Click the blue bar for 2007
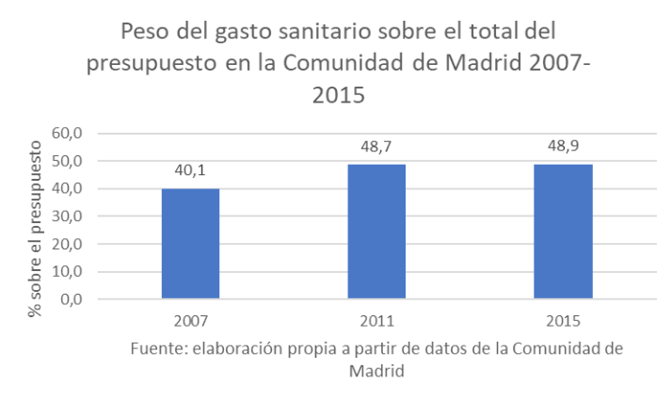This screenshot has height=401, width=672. click(189, 244)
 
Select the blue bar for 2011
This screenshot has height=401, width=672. click(376, 232)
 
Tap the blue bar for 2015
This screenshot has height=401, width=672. click(563, 232)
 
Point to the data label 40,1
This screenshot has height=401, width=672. click(189, 171)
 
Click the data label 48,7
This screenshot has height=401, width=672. click(376, 148)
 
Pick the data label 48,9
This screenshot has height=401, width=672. click(563, 148)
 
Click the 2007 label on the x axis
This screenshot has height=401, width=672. click(189, 319)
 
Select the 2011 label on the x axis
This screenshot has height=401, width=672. click(376, 319)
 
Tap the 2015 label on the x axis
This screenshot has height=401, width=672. click(563, 319)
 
